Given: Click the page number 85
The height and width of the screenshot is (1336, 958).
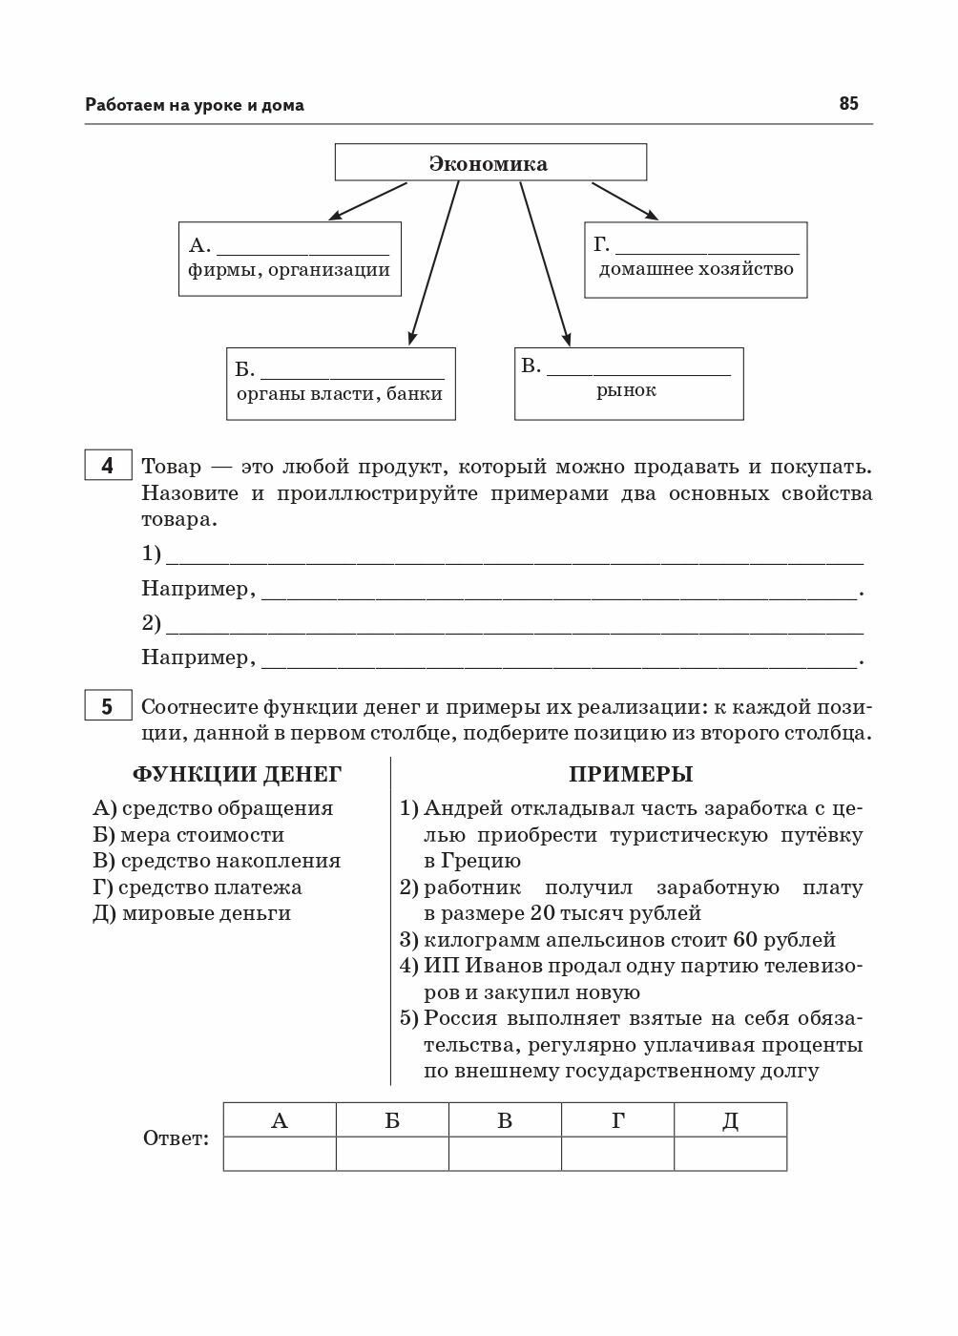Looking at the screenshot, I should pyautogui.click(x=848, y=104).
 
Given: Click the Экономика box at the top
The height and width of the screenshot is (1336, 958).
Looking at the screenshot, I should pyautogui.click(x=489, y=163).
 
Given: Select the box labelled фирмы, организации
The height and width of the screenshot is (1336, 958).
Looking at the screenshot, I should pyautogui.click(x=289, y=259).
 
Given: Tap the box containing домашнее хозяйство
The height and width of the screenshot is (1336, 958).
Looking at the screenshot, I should pyautogui.click(x=696, y=260).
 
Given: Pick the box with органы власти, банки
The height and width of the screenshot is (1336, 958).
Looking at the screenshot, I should pyautogui.click(x=341, y=384).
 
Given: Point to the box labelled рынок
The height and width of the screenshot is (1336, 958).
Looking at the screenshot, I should pyautogui.click(x=628, y=384).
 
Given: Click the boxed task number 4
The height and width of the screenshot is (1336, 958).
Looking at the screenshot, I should pyautogui.click(x=107, y=466).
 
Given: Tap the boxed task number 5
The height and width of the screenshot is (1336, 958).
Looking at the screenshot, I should pyautogui.click(x=107, y=707).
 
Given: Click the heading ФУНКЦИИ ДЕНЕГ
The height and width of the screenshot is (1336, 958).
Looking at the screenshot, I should pyautogui.click(x=236, y=774).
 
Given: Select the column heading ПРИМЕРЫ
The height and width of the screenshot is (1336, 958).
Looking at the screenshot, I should pyautogui.click(x=631, y=774).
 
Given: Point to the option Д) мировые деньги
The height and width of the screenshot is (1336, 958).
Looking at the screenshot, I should pyautogui.click(x=192, y=913).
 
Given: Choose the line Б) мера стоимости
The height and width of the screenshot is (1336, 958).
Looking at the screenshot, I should pyautogui.click(x=189, y=835).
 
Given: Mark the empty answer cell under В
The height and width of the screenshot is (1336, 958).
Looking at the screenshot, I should pyautogui.click(x=505, y=1153).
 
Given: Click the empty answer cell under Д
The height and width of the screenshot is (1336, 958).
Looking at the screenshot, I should pyautogui.click(x=730, y=1153).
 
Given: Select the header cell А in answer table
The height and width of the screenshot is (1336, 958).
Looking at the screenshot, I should pyautogui.click(x=280, y=1120).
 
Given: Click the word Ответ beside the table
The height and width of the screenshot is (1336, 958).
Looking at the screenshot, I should pyautogui.click(x=176, y=1138).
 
